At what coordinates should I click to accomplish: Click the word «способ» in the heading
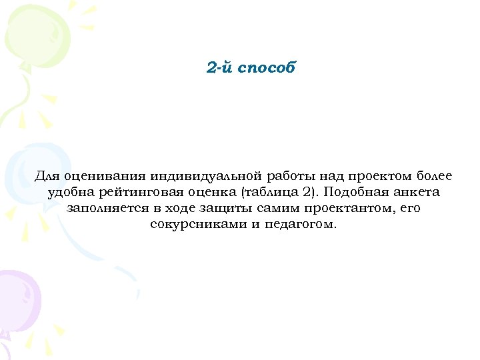click(269, 68)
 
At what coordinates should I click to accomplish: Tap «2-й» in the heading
click(221, 68)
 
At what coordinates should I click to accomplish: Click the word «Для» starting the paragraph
click(47, 177)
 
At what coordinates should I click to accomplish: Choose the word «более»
click(434, 177)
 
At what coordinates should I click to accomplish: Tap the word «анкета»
click(416, 193)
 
